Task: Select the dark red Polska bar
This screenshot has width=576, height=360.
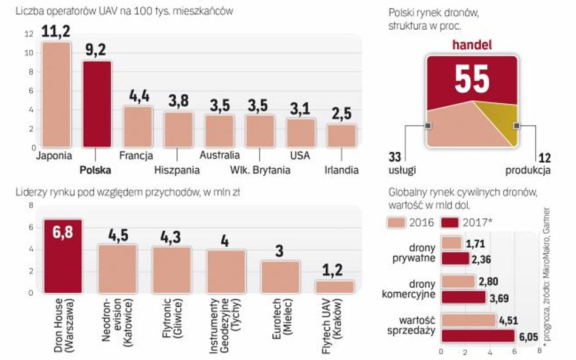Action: pos(97,104)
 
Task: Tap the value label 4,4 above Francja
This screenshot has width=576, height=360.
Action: pos(137,96)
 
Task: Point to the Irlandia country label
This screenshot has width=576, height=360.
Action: pos(341,170)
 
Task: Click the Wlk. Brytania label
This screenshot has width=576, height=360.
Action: pos(261,170)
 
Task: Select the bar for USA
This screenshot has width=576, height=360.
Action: pos(301,132)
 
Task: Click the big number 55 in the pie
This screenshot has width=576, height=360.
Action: pos(471,78)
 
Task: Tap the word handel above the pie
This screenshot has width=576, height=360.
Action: pos(471,45)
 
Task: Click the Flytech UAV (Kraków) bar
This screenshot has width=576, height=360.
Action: pos(334,286)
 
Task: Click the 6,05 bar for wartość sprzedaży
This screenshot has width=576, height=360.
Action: pos(478,336)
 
